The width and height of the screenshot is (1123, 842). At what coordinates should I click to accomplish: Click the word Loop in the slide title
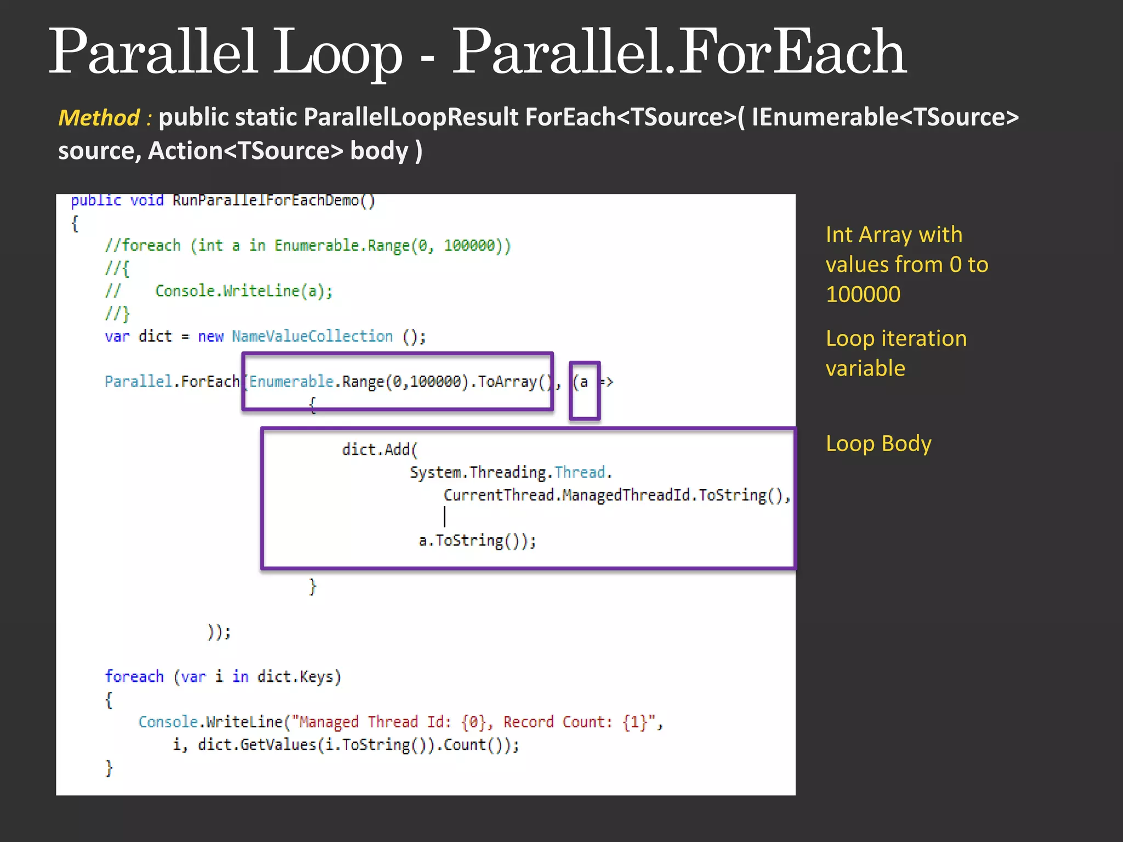(x=337, y=54)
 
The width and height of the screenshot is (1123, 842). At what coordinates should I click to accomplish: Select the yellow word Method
(x=99, y=118)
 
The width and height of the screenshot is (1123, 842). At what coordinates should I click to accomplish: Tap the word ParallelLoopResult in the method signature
(x=411, y=117)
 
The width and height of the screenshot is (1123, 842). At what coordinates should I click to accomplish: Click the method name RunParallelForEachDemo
(x=266, y=201)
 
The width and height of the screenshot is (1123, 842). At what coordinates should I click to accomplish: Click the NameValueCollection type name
(x=312, y=336)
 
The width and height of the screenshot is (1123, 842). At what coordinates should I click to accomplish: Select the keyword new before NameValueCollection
(x=211, y=337)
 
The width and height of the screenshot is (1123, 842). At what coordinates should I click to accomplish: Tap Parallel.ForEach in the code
(x=172, y=382)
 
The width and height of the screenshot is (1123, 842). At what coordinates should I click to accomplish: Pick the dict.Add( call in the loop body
(x=379, y=450)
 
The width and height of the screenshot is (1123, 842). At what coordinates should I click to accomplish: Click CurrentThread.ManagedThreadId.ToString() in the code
(x=616, y=496)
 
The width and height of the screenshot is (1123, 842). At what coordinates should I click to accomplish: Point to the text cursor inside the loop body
(x=445, y=516)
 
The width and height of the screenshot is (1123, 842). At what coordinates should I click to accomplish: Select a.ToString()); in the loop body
(x=477, y=541)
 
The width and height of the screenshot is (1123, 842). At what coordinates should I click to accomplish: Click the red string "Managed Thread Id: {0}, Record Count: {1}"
(x=474, y=722)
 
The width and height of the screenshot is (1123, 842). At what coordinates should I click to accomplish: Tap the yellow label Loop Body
(x=878, y=443)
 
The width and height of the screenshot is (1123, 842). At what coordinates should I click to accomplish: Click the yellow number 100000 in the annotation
(x=863, y=295)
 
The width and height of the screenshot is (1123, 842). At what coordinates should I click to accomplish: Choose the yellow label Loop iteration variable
(x=896, y=354)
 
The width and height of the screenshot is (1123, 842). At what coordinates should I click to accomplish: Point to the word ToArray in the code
(x=507, y=382)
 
